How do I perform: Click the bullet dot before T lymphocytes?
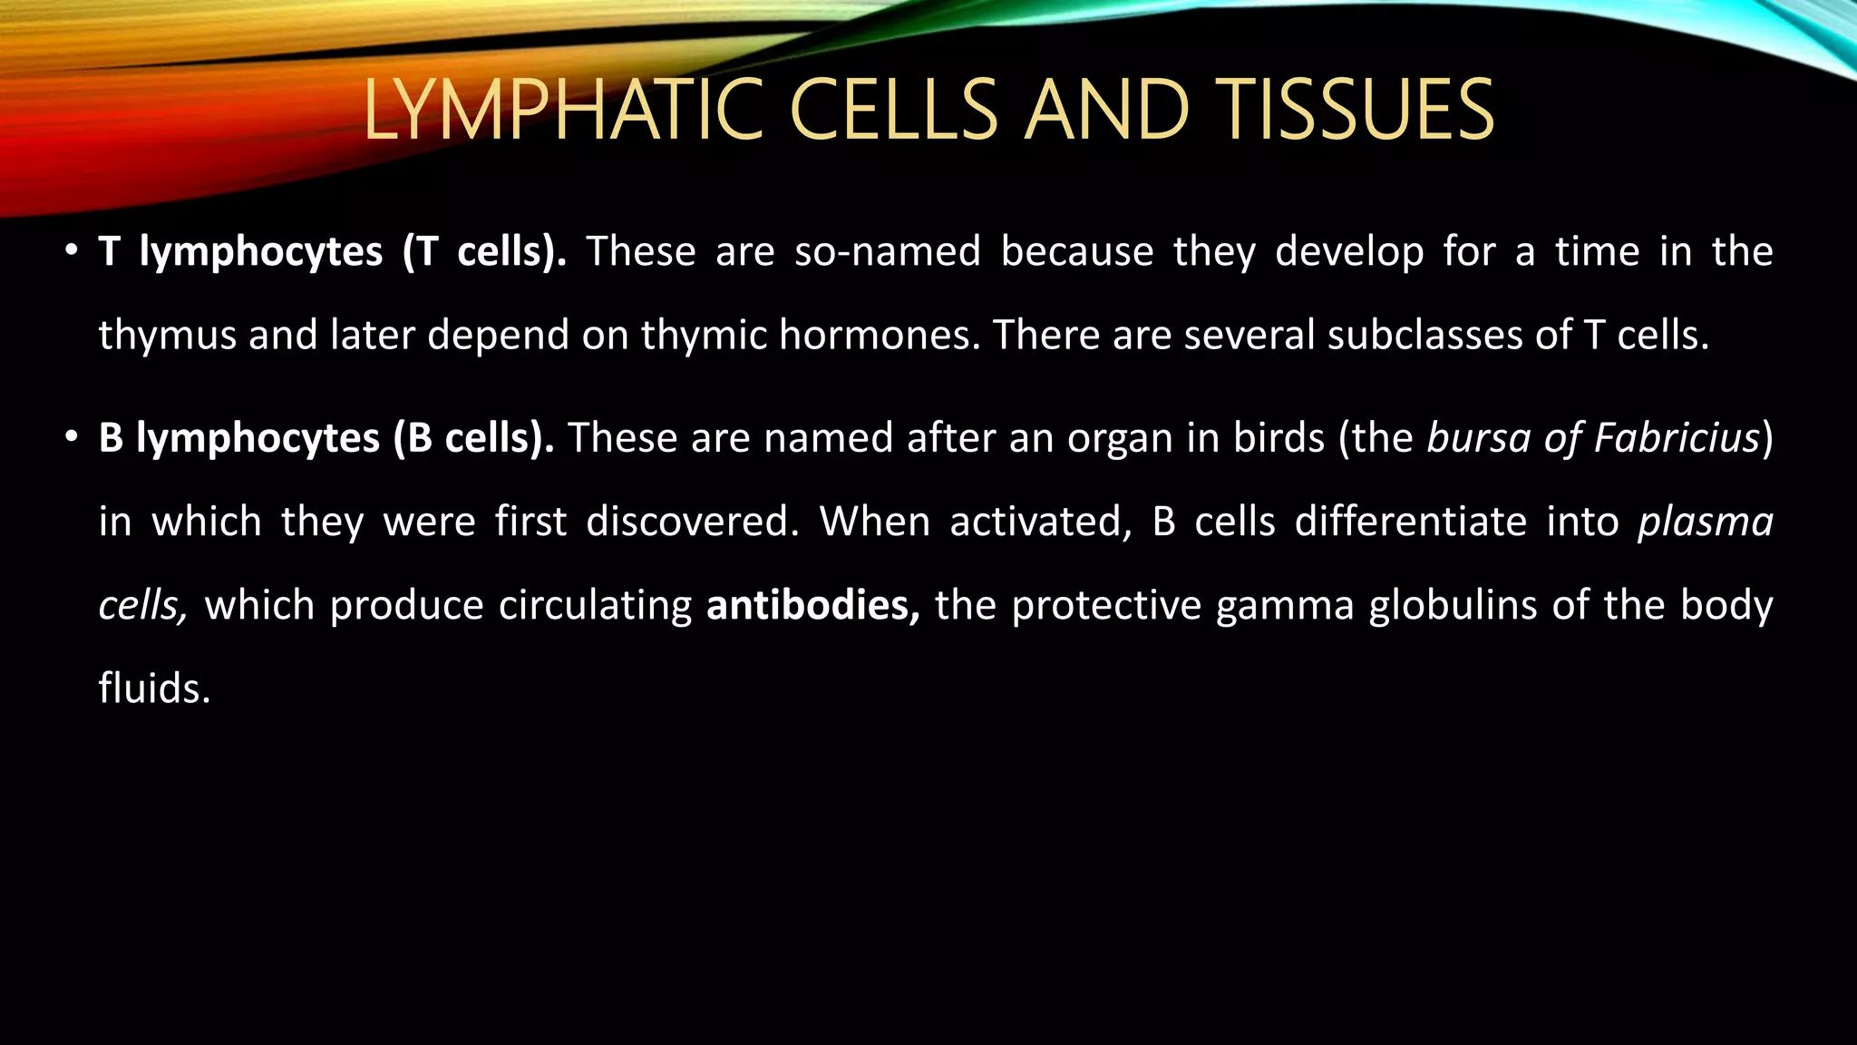(x=72, y=251)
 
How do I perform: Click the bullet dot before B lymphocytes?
(x=72, y=438)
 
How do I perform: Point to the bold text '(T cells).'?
(x=485, y=251)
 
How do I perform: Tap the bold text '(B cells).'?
(x=473, y=438)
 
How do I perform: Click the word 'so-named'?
(x=888, y=251)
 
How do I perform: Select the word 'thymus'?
(x=167, y=337)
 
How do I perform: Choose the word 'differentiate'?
(x=1411, y=522)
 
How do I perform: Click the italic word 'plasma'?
(x=1705, y=523)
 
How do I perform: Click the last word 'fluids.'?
(x=154, y=689)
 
